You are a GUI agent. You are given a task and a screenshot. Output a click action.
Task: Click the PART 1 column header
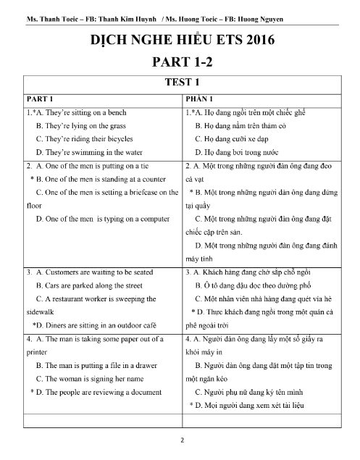[x=41, y=99]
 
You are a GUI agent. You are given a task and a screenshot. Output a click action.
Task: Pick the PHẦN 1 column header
[x=202, y=99]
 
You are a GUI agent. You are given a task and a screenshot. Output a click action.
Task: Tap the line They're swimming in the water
[x=91, y=152]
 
